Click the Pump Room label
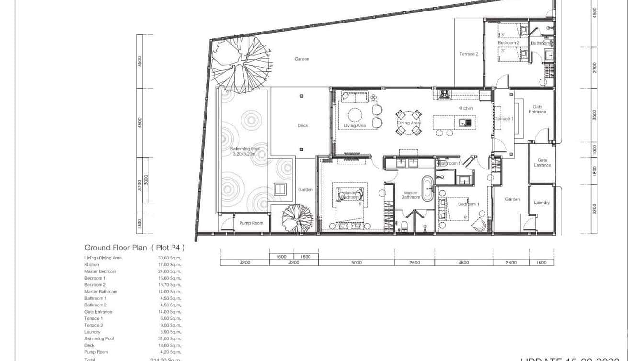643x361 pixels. tap(252, 223)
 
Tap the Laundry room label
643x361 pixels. tap(542, 203)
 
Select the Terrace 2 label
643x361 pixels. tap(469, 54)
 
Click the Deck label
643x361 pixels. tap(303, 125)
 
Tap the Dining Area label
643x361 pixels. tap(408, 123)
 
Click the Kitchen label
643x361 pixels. tap(466, 108)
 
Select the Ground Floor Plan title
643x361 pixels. tap(134, 248)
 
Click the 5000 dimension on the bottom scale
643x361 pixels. tap(356, 262)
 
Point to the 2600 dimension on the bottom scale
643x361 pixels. tap(415, 262)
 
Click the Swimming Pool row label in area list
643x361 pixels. tap(99, 338)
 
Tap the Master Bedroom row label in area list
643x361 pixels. tap(100, 271)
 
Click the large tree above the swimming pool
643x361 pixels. tap(240, 64)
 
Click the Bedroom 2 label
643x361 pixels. tap(508, 43)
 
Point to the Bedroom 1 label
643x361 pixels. tap(468, 204)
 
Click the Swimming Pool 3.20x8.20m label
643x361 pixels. tap(243, 151)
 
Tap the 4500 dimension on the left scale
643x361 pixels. tap(140, 123)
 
